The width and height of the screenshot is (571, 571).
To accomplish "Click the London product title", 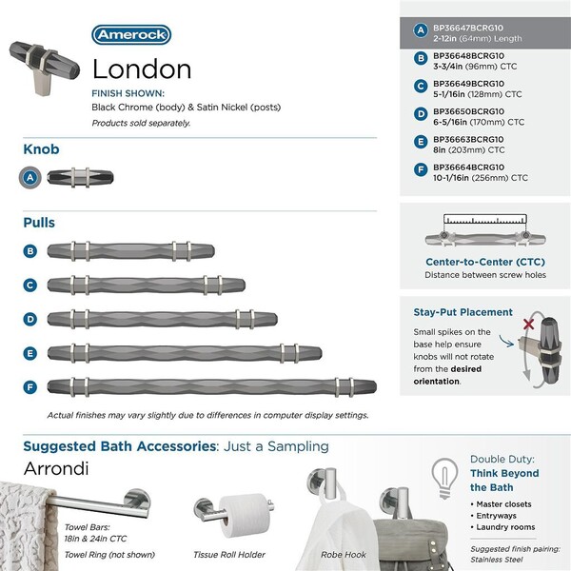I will click(142, 69).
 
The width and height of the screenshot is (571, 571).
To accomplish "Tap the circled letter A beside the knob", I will click(31, 175).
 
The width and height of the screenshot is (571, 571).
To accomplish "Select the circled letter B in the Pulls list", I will click(31, 251).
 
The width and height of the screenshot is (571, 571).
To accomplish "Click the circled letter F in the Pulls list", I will click(31, 386).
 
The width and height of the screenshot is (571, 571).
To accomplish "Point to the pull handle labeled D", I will click(162, 318).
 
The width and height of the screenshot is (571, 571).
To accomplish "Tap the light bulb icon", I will click(443, 472).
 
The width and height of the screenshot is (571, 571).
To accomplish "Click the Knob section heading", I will click(42, 149).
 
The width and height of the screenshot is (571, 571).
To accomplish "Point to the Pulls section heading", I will click(39, 223).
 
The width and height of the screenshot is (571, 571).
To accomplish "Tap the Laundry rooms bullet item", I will click(507, 527).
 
